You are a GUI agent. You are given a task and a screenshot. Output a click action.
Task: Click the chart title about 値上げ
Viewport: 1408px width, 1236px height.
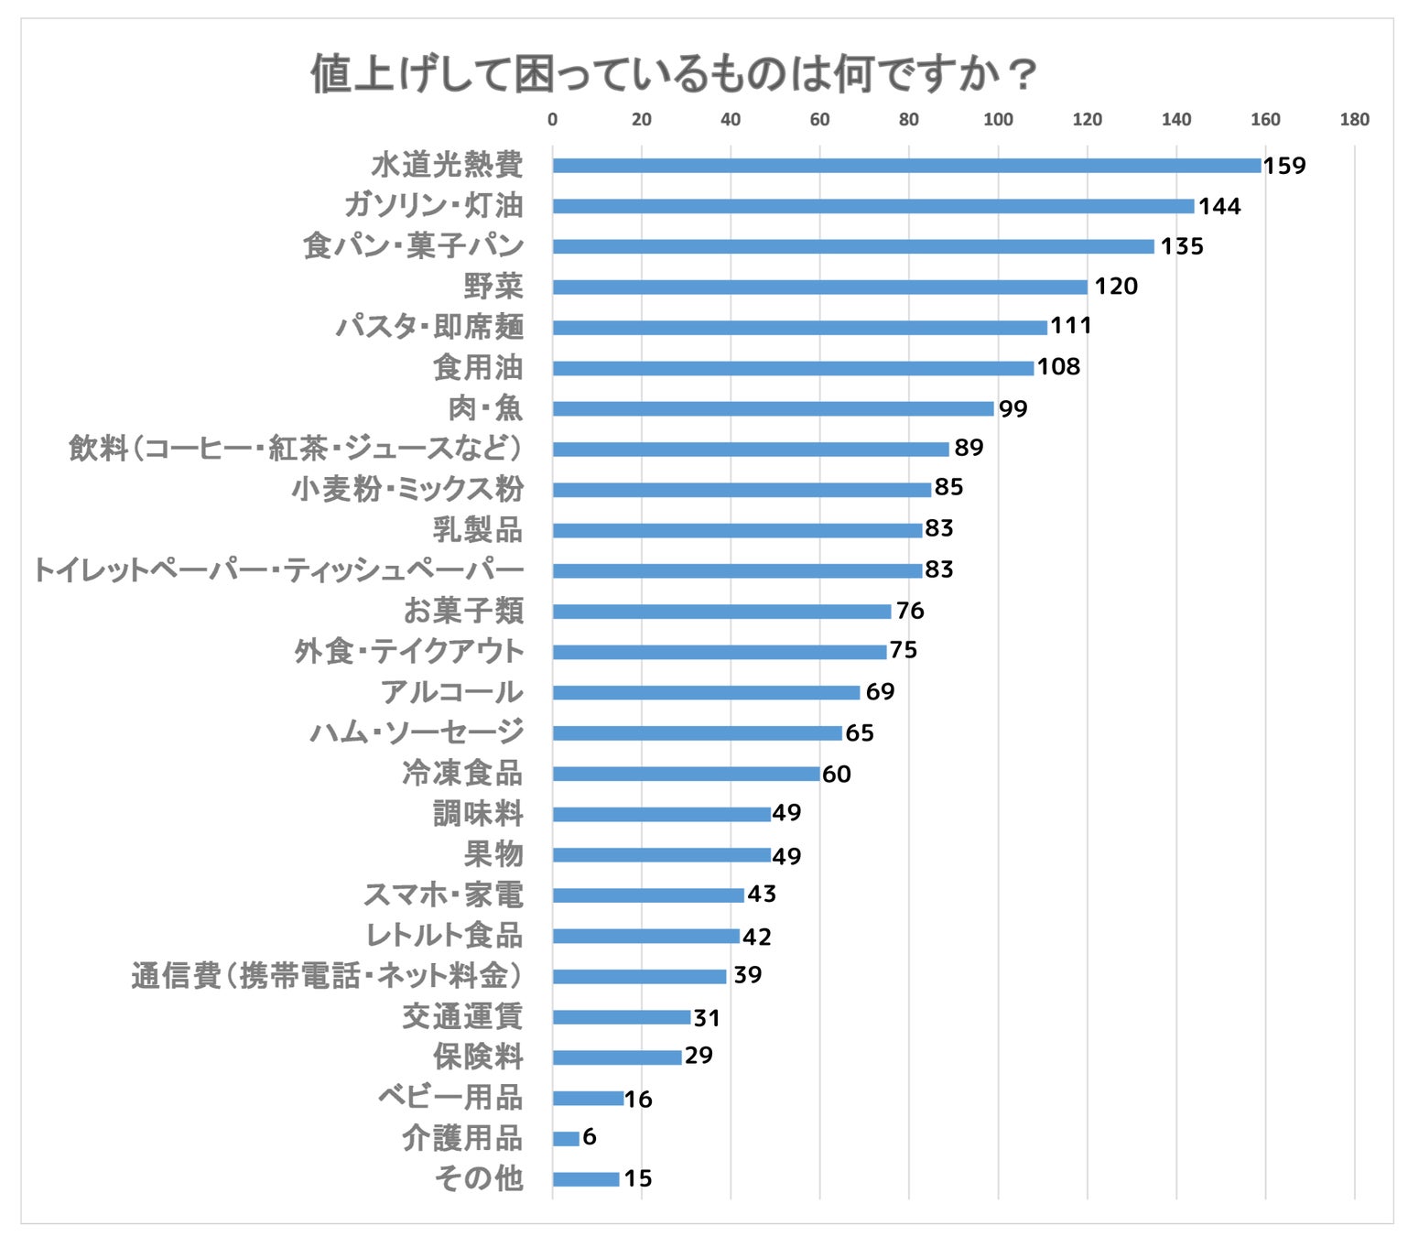click(673, 73)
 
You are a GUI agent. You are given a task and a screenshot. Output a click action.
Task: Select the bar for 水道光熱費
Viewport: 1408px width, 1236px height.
click(906, 166)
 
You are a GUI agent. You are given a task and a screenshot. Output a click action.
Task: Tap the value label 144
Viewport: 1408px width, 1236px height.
click(1219, 206)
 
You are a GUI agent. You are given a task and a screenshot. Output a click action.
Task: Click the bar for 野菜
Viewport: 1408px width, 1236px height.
click(819, 287)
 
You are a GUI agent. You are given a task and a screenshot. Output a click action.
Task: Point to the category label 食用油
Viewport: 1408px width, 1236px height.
click(478, 367)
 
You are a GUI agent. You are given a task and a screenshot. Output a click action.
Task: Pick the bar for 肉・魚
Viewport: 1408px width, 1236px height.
click(773, 408)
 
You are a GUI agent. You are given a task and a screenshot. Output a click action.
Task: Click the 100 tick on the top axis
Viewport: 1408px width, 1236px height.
click(998, 119)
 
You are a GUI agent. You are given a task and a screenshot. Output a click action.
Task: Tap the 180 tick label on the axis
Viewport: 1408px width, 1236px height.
click(1354, 119)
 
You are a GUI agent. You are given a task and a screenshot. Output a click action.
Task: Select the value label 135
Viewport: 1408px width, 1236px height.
click(1182, 246)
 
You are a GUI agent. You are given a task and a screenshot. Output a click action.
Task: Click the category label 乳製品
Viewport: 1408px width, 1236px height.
click(478, 529)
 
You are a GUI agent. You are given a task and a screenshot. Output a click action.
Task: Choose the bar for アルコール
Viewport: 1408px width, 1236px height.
click(706, 692)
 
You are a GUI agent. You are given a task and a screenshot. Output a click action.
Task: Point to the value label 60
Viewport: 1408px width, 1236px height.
click(837, 774)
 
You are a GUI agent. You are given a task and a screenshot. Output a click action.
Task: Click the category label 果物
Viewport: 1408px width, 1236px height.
click(493, 854)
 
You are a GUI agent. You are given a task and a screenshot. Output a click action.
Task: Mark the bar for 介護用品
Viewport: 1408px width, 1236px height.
click(566, 1138)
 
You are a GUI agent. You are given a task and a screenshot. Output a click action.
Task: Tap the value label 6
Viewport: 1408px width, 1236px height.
click(590, 1136)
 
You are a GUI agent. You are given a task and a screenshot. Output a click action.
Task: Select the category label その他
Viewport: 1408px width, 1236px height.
click(479, 1178)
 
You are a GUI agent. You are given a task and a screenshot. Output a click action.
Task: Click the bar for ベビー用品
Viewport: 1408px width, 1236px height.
click(588, 1098)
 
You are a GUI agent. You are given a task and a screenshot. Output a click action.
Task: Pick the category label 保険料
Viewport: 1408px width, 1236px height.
click(478, 1057)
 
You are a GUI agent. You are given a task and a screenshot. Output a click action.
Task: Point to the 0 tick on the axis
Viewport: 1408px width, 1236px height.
click(552, 119)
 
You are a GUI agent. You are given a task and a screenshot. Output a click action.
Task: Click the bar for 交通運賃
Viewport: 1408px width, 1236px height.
click(622, 1016)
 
